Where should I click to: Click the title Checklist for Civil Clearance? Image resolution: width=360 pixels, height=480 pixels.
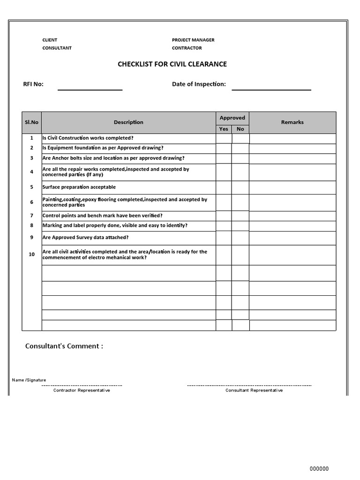click(x=172, y=64)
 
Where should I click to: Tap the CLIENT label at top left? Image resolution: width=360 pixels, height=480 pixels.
click(x=50, y=40)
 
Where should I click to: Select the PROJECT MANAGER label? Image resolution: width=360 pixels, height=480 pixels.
click(x=193, y=40)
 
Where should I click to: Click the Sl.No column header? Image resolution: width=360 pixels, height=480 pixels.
click(x=32, y=122)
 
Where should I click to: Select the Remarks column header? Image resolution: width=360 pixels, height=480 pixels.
click(x=292, y=122)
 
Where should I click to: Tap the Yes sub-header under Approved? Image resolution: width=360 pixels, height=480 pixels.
click(x=224, y=129)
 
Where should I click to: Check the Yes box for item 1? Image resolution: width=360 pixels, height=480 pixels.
click(x=224, y=138)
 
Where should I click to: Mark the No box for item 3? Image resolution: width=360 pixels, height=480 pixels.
click(x=240, y=158)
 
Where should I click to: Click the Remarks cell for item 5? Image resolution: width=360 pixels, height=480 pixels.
click(x=292, y=187)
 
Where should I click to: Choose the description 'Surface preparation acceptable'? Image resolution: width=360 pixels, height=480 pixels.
click(x=79, y=187)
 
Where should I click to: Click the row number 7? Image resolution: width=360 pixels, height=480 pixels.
click(x=32, y=216)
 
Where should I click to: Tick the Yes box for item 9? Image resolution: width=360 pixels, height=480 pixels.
click(x=224, y=238)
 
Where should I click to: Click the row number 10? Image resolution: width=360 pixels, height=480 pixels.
click(x=32, y=255)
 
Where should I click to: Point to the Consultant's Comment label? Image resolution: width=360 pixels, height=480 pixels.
click(x=64, y=346)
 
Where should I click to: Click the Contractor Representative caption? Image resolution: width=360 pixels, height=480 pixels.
click(x=82, y=390)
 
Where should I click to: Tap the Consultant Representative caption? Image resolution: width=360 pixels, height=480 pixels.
click(x=254, y=390)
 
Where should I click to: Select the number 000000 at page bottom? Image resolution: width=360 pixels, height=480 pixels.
click(x=320, y=469)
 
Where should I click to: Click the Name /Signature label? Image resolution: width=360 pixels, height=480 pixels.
click(x=29, y=380)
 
